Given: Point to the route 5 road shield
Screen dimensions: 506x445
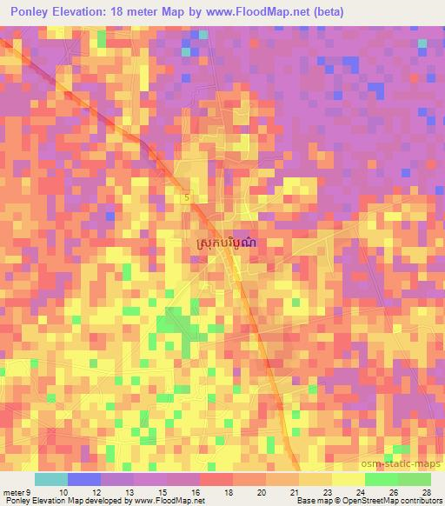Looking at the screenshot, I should pyautogui.click(x=187, y=198).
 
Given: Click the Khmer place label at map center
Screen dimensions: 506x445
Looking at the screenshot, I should pyautogui.click(x=222, y=245).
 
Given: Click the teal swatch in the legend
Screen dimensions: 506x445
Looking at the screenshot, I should pyautogui.click(x=51, y=479).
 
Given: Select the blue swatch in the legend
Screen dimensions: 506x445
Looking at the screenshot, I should pyautogui.click(x=84, y=479).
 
